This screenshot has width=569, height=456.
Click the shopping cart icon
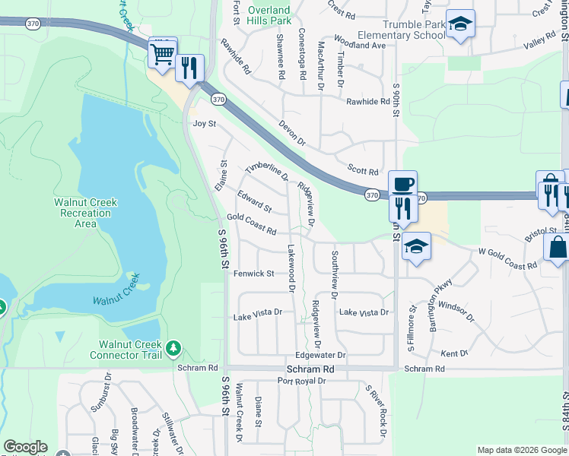pos(162,53)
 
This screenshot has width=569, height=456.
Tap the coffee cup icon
pos(402,183)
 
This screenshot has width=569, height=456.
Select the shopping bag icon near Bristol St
pos(557,247)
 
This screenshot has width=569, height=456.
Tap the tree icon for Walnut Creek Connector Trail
pos(174,348)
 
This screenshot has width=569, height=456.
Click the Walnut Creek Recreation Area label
pos(86,213)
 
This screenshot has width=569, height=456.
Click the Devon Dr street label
pos(292,132)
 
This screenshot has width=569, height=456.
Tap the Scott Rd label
pos(362,172)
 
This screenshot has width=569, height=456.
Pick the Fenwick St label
pos(253,274)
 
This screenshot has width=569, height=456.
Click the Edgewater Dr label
pos(320,355)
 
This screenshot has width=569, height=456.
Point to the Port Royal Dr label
pos(301,381)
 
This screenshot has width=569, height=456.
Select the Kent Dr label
pos(454,354)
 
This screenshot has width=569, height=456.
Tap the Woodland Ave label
pos(360,46)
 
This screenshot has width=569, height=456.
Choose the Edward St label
pos(254,202)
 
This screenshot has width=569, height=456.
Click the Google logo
pos(25,447)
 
